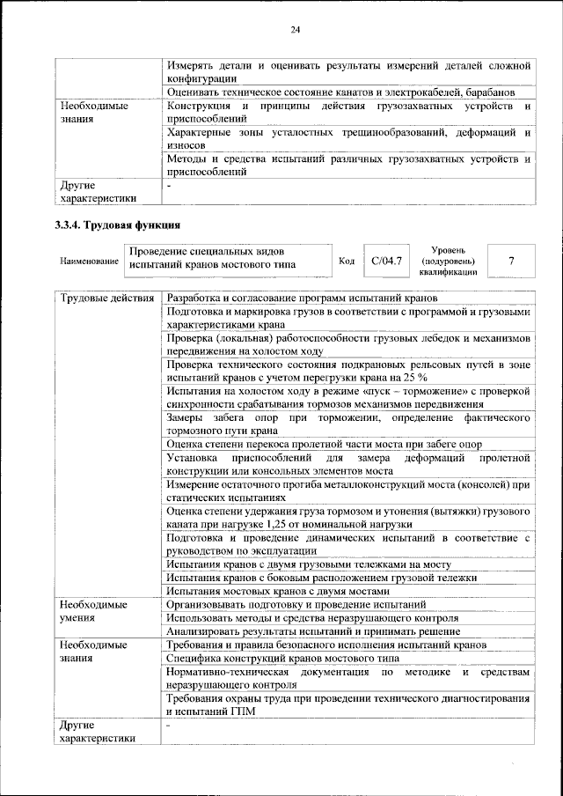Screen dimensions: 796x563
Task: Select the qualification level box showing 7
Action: (x=510, y=262)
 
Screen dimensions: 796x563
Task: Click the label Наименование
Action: (x=90, y=262)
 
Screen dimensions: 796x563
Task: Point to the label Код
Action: (x=347, y=262)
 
